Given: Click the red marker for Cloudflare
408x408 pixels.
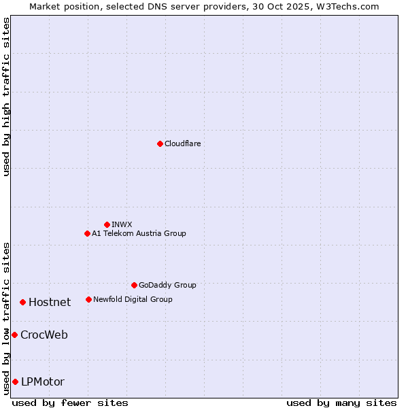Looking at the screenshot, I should point(160,143).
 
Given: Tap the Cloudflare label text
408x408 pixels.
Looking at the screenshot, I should point(183,143).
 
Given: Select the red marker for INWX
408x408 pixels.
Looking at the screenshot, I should point(107,224).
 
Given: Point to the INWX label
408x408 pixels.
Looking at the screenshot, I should point(122,224).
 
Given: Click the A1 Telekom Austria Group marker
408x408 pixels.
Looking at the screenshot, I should point(87,233).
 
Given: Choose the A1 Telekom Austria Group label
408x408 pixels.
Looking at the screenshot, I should point(139,233).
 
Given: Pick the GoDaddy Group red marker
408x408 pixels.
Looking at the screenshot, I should point(134,285).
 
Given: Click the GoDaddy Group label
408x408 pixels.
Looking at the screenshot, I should point(167,285).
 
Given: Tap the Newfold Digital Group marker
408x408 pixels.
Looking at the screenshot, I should point(88,299).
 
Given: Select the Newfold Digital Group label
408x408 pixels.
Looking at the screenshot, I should point(133,299).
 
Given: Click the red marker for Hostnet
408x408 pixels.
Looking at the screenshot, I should point(22,302).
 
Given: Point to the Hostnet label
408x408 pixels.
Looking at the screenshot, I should point(50,303).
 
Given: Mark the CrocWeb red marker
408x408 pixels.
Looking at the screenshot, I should point(14,335).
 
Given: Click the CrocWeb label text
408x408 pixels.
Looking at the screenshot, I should point(44,335).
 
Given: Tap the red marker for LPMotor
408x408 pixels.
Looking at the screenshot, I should point(15,381).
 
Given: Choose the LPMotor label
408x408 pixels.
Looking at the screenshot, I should point(43,382).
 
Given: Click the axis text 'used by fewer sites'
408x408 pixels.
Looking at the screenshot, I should point(70,403).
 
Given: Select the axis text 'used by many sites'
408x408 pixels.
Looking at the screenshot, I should point(341,403).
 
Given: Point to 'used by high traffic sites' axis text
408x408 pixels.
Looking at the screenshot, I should point(6,97).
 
